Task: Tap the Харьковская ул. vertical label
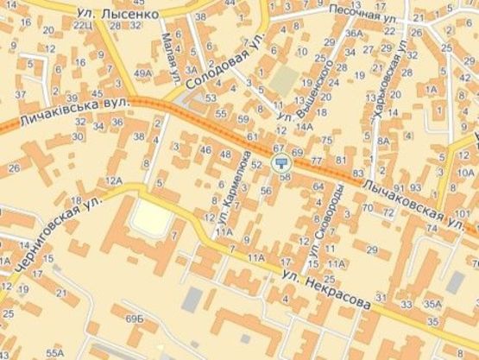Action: click(x=387, y=96)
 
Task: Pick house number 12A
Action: click(x=114, y=180)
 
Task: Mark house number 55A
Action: click(x=55, y=353)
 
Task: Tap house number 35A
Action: click(x=431, y=304)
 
